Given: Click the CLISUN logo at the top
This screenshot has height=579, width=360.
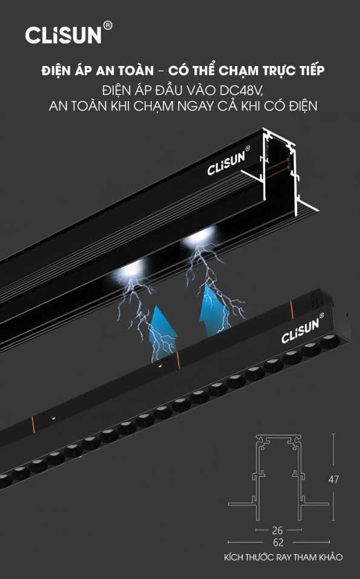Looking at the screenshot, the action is pyautogui.click(x=63, y=35).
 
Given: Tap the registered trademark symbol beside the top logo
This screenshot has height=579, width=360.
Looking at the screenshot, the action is pyautogui.click(x=108, y=25).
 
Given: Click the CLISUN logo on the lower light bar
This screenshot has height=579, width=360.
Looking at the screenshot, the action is pyautogui.click(x=300, y=331).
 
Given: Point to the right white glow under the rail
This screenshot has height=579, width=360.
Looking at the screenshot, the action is pyautogui.click(x=200, y=237).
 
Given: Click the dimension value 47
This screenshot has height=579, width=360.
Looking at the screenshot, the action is pyautogui.click(x=333, y=479).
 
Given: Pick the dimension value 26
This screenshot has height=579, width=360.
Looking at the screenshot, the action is pyautogui.click(x=277, y=531).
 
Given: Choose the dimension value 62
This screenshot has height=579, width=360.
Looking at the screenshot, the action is pyautogui.click(x=278, y=543).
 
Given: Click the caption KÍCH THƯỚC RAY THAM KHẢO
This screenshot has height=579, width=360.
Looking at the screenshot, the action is pyautogui.click(x=283, y=557).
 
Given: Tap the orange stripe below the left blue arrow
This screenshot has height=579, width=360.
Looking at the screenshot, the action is pyautogui.click(x=178, y=360).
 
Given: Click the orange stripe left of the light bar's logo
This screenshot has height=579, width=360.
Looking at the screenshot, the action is pyautogui.click(x=292, y=309).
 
